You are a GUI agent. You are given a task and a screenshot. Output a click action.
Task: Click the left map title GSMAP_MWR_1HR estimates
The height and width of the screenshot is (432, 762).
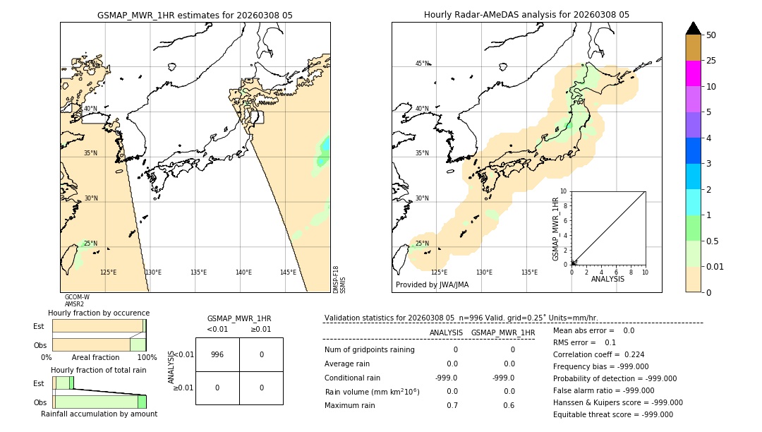[195, 15]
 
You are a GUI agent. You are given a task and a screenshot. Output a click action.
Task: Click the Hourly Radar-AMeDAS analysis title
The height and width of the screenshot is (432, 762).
[526, 15]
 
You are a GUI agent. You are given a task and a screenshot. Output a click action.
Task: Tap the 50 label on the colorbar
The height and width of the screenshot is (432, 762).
[711, 35]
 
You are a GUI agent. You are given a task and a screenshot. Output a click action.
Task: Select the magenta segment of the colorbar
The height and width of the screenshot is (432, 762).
[693, 73]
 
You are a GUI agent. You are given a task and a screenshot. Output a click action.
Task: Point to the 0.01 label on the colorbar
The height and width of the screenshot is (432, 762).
[715, 266]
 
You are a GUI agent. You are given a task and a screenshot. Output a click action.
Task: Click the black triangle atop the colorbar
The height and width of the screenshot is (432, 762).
[693, 28]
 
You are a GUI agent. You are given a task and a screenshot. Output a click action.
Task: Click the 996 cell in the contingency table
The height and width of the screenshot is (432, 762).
[217, 354]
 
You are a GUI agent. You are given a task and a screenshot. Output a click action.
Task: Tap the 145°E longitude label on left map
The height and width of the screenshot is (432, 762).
[288, 272]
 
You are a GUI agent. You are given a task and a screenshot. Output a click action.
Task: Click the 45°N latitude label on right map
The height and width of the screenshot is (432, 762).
[422, 64]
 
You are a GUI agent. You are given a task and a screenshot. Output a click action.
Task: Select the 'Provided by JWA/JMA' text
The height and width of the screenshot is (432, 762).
[432, 285]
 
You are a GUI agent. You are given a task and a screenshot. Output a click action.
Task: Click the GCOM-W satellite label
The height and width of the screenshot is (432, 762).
[77, 297]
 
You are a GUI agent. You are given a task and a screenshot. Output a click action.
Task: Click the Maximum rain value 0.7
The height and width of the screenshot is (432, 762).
[452, 405]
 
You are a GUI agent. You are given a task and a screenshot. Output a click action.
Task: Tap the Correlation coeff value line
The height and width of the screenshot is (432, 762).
[598, 354]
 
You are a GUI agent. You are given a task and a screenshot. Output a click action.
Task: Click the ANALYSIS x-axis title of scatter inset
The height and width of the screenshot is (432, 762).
[607, 279]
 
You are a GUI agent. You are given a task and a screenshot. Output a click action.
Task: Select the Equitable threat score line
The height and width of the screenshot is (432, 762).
[612, 414]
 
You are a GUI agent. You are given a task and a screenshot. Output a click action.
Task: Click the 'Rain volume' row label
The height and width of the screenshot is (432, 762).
[372, 392]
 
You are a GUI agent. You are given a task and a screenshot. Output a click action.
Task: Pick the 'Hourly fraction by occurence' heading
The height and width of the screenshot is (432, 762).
[99, 313]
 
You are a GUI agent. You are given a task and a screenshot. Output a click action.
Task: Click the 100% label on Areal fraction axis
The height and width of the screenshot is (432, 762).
[147, 358]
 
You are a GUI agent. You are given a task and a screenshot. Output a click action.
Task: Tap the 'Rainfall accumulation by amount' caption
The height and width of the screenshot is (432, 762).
[99, 414]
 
